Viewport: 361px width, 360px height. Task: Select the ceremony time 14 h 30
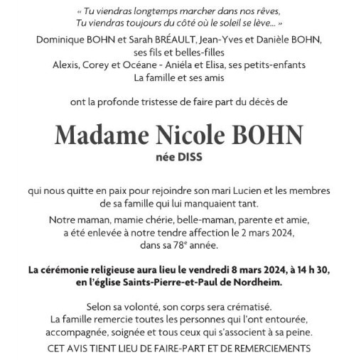(x=308, y=270)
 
